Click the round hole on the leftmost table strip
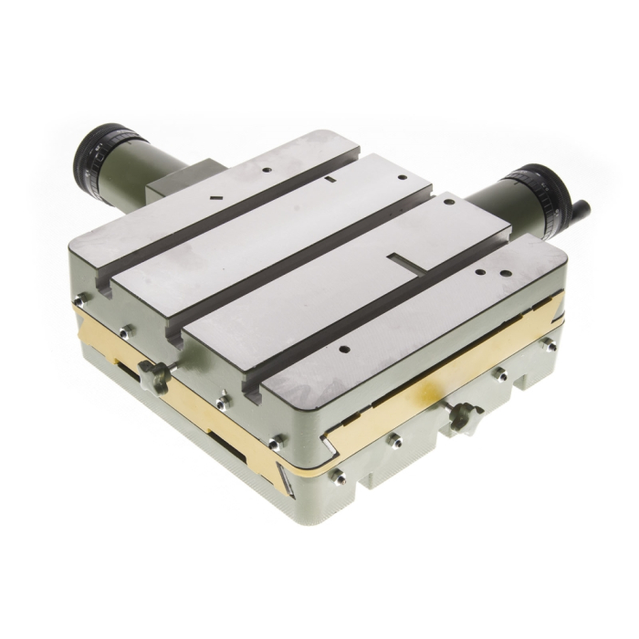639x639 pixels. click(x=264, y=170)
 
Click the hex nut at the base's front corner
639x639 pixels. click(x=339, y=476)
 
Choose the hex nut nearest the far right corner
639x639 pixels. click(x=549, y=345)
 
